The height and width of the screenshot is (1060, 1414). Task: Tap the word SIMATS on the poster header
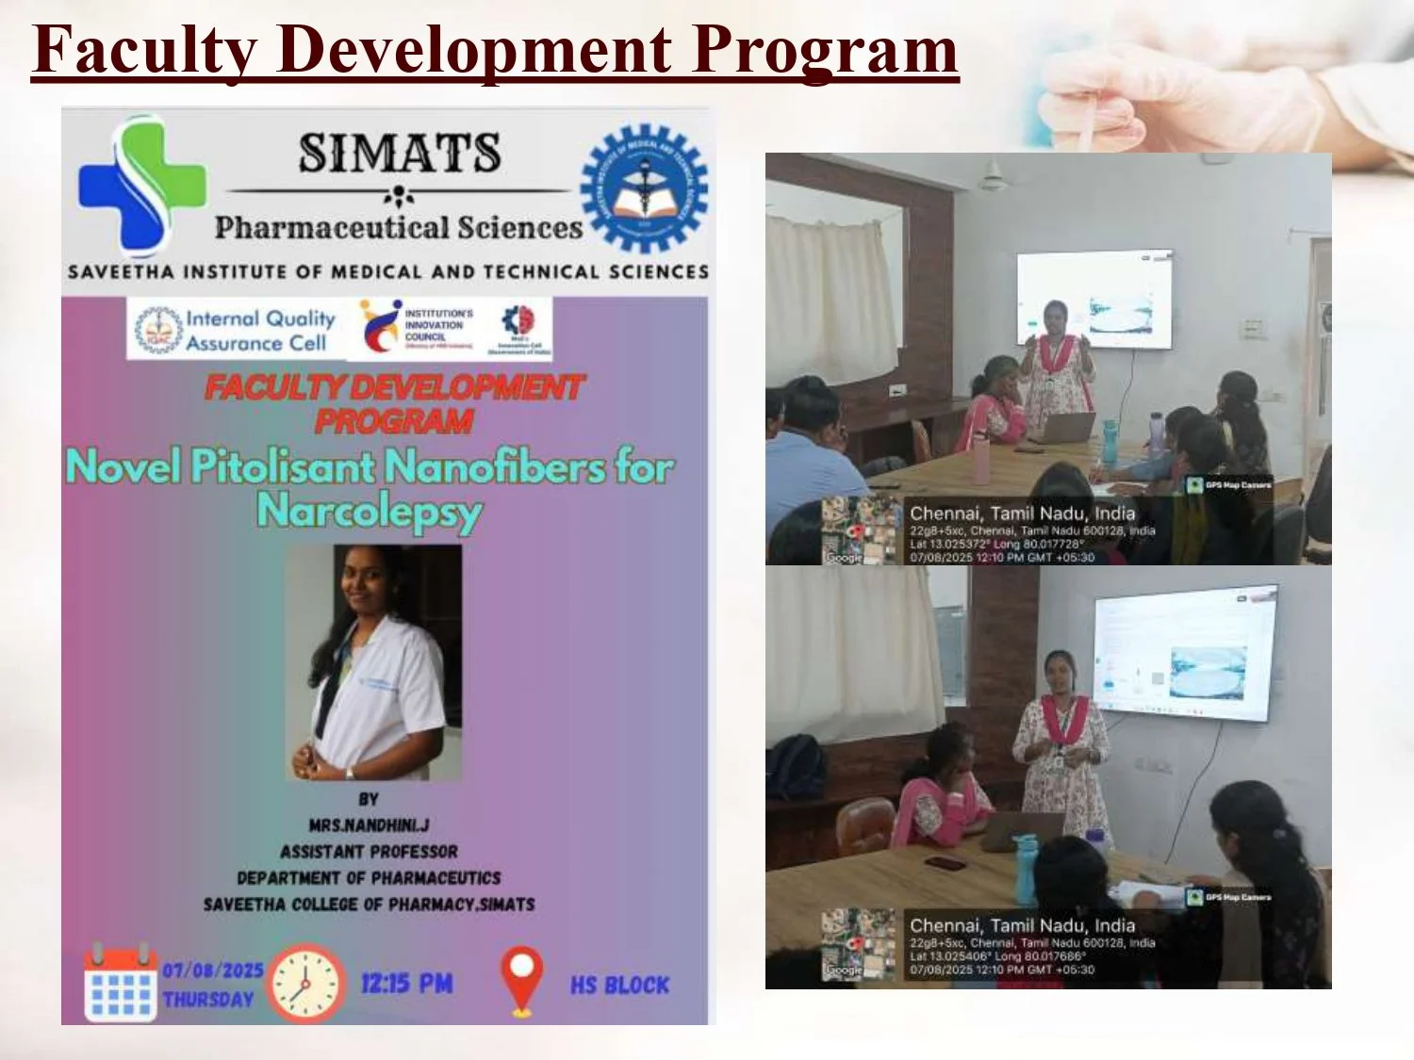[400, 153]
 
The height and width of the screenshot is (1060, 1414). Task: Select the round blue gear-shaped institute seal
[644, 188]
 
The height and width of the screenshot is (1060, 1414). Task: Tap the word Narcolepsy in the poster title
[369, 512]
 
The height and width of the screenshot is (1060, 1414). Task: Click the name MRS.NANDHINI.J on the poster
[369, 825]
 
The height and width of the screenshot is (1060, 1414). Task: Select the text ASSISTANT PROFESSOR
[369, 852]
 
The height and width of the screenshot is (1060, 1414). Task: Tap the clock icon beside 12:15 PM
[305, 983]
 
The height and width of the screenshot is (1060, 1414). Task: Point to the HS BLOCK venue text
[619, 986]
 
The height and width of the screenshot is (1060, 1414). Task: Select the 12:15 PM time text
[406, 984]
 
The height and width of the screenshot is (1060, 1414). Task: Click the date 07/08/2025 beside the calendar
[212, 970]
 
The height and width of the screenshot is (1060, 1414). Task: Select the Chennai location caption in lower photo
[1022, 925]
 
